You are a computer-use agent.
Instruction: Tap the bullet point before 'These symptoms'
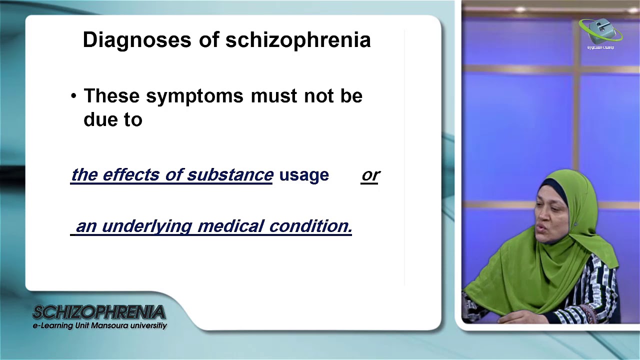74,96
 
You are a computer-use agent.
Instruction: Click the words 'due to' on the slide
113,120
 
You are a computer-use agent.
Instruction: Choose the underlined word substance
230,174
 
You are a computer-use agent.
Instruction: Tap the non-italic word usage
304,175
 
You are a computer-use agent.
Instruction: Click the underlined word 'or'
370,174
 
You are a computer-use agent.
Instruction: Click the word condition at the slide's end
310,226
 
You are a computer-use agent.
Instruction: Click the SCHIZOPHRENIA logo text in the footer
99,313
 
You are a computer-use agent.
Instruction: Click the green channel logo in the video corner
600,32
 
